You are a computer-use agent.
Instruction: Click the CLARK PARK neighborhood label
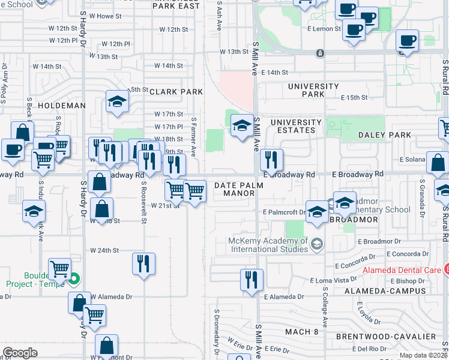pyautogui.click(x=176, y=92)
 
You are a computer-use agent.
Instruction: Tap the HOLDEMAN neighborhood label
pyautogui.click(x=62, y=105)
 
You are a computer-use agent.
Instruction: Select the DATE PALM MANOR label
pyautogui.click(x=239, y=190)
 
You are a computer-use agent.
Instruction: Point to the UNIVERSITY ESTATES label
pyautogui.click(x=292, y=126)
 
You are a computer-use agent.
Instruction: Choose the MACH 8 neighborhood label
pyautogui.click(x=302, y=332)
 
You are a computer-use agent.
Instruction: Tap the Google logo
pyautogui.click(x=20, y=353)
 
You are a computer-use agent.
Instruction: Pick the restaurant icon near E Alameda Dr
pyautogui.click(x=252, y=280)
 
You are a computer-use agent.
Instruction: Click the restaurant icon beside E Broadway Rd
pyautogui.click(x=271, y=160)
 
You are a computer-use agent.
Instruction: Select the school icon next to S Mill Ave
pyautogui.click(x=242, y=125)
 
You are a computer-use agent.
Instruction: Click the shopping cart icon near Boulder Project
pyautogui.click(x=59, y=269)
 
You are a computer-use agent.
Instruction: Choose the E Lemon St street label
pyautogui.click(x=325, y=28)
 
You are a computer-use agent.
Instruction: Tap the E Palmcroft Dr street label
pyautogui.click(x=284, y=212)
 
